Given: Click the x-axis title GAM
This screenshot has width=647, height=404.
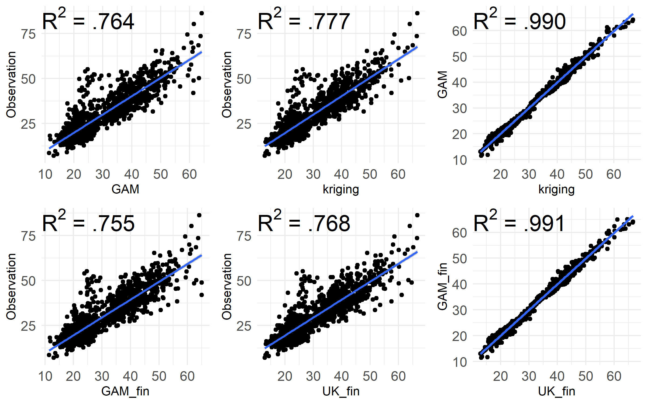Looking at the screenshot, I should tap(125, 189).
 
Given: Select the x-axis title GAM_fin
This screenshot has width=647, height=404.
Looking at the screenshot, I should tap(125, 391).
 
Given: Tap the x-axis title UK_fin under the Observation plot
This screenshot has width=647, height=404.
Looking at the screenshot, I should tap(341, 391).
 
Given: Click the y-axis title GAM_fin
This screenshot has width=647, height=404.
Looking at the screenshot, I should tap(442, 286).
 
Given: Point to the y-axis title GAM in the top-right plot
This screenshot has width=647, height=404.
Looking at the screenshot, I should tap(442, 85).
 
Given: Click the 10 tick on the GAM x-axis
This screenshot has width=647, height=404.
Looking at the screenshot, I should tap(45, 174).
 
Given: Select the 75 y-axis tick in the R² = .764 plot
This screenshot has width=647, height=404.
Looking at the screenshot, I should tap(28, 34).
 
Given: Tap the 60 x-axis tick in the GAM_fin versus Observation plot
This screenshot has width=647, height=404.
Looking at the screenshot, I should tap(187, 376).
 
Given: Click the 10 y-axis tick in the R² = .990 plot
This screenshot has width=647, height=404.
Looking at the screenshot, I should tap(460, 160).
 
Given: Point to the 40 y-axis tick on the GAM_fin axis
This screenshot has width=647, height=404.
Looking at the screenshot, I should tap(460, 284).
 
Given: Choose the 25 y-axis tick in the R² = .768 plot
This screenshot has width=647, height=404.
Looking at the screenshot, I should tap(244, 326).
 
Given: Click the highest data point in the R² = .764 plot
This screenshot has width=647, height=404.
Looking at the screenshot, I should tap(202, 13).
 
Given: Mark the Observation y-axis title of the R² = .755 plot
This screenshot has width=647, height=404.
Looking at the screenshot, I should tap(11, 286).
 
